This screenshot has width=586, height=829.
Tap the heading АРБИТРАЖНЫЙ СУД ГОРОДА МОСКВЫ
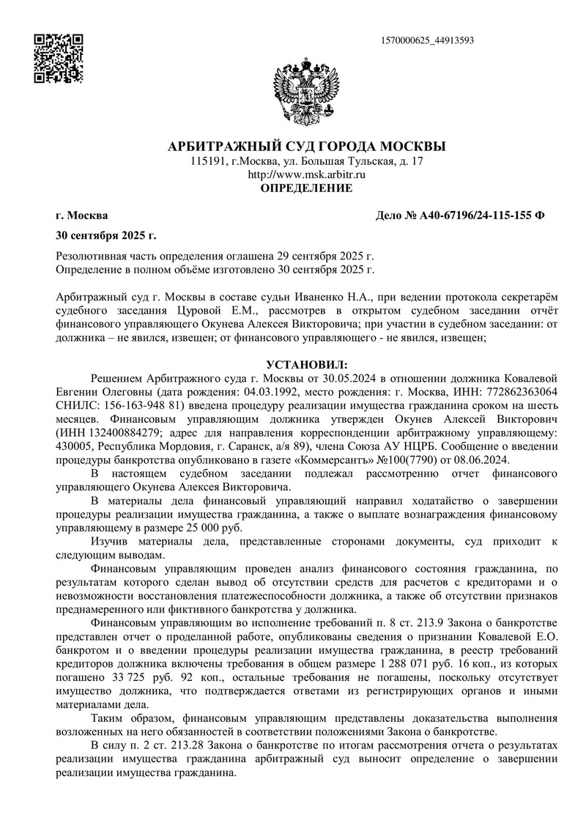tap(307, 147)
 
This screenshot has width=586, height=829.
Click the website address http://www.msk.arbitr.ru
tap(307, 174)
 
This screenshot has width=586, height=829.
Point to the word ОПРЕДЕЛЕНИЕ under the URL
tap(307, 188)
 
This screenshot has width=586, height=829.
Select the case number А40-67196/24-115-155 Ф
tap(480, 216)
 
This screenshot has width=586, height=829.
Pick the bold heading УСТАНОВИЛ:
tap(307, 364)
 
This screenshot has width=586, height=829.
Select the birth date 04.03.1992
tap(268, 391)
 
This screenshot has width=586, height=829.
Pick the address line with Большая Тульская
tap(307, 161)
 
